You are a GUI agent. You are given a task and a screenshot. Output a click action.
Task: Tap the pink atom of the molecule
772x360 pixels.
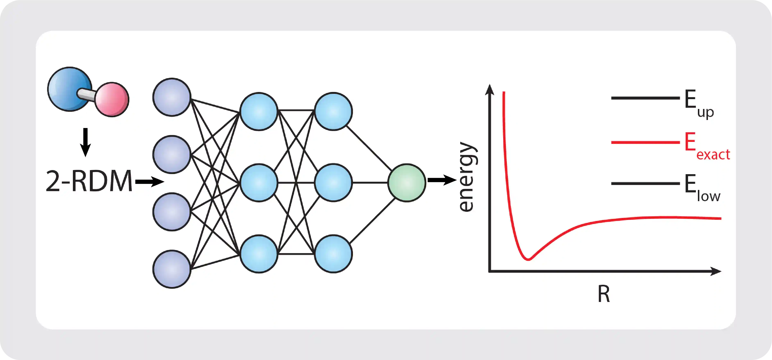(112, 99)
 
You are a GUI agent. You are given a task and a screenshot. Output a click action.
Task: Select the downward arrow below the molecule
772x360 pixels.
(85, 142)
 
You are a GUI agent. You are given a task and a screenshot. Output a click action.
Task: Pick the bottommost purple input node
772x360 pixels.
(172, 269)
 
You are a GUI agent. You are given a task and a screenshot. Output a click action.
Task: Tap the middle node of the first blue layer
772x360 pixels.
(259, 183)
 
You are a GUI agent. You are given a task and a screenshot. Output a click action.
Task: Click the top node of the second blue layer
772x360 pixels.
(333, 111)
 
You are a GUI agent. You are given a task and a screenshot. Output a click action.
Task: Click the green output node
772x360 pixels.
(407, 183)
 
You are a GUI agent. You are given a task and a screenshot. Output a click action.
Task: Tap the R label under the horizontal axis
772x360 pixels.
(604, 295)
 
